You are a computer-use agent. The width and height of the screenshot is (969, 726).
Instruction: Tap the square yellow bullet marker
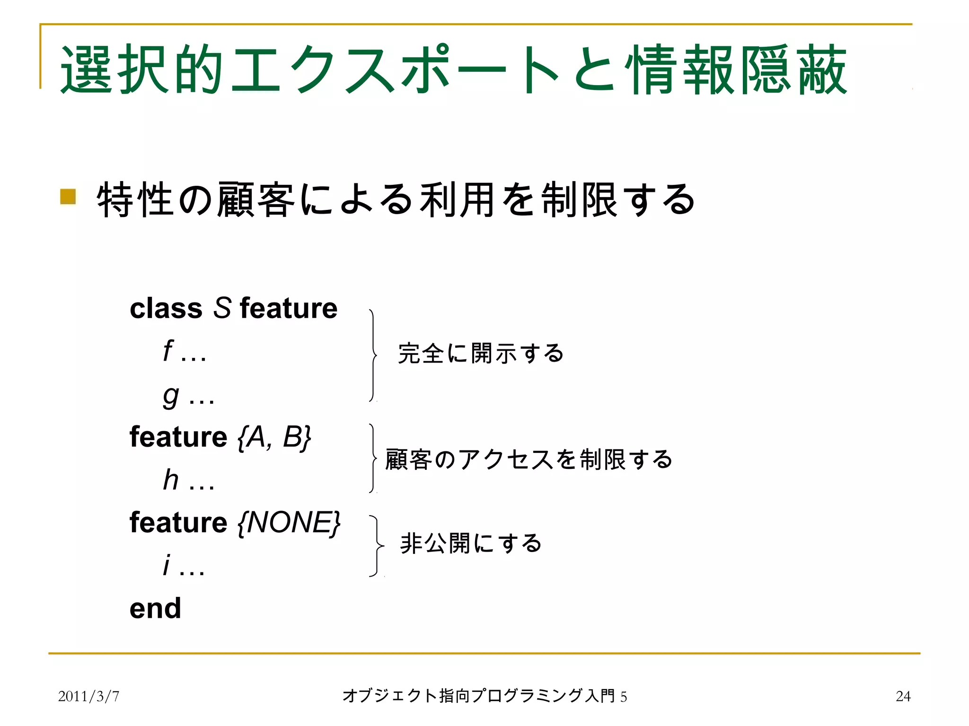68,197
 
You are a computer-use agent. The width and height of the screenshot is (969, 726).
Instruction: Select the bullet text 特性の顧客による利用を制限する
396,200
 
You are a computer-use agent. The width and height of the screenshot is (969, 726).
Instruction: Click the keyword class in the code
166,309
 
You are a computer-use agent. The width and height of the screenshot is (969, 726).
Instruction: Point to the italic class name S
222,308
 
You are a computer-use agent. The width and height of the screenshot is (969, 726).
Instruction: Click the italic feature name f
168,351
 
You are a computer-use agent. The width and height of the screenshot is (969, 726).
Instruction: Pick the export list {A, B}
274,437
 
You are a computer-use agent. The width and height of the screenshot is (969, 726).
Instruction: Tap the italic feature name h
171,480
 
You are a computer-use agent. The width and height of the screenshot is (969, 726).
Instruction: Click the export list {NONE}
289,523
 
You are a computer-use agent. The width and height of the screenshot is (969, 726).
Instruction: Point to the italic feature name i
166,565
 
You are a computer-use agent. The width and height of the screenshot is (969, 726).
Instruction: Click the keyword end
155,608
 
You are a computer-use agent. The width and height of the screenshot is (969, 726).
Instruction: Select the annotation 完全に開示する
481,354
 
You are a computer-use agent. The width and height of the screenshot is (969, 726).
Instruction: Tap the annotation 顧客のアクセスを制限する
529,459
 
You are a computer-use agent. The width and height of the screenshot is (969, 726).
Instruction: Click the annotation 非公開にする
471,543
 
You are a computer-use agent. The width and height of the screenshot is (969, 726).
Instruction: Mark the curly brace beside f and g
373,355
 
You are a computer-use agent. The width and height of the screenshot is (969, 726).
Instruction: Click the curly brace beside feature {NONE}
377,546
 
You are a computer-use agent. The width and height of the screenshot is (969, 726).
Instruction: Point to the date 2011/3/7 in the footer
88,696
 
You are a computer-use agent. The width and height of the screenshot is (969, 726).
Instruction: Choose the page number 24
903,696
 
